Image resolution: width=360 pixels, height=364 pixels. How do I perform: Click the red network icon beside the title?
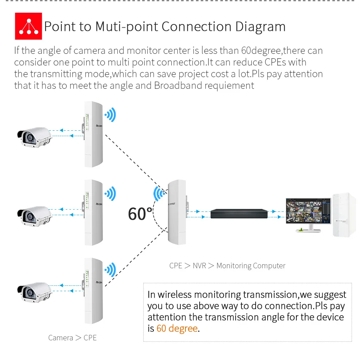28,26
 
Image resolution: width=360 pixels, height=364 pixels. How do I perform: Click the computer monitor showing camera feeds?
308,211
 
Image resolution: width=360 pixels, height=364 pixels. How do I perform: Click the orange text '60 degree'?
177,328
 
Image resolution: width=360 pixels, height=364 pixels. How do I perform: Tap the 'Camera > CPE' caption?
72,338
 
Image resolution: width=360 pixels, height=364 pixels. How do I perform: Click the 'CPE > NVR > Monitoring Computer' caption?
227,266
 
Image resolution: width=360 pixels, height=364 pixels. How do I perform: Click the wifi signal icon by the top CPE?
110,115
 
